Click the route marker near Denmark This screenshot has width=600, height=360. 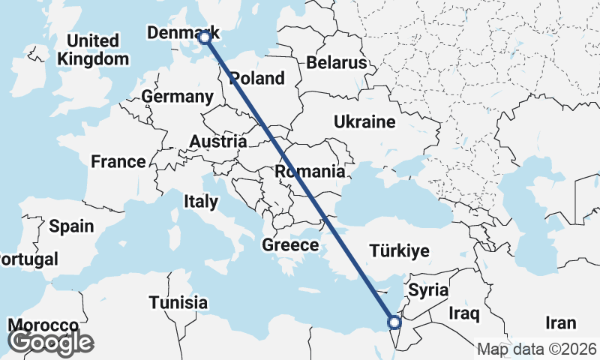coord(204,37)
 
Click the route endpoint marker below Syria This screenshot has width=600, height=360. coord(394,322)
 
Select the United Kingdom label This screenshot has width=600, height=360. coord(93,49)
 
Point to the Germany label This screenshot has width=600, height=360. coord(178,97)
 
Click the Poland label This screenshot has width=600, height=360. coord(257,78)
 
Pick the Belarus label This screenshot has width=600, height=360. coord(336,62)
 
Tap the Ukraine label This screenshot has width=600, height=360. coord(364,121)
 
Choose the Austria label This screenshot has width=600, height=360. coord(218,142)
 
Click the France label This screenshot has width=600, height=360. coord(118,161)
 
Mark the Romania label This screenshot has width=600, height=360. coord(310,172)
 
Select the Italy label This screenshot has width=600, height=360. coord(201,202)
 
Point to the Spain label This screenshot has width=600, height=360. coord(71,226)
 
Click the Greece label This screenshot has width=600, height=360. coord(290,245)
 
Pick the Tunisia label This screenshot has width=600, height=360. coord(178,303)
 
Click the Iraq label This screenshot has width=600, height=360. coord(463,312)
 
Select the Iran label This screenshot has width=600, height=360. coord(560,323)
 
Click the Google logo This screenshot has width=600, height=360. coord(50,341)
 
